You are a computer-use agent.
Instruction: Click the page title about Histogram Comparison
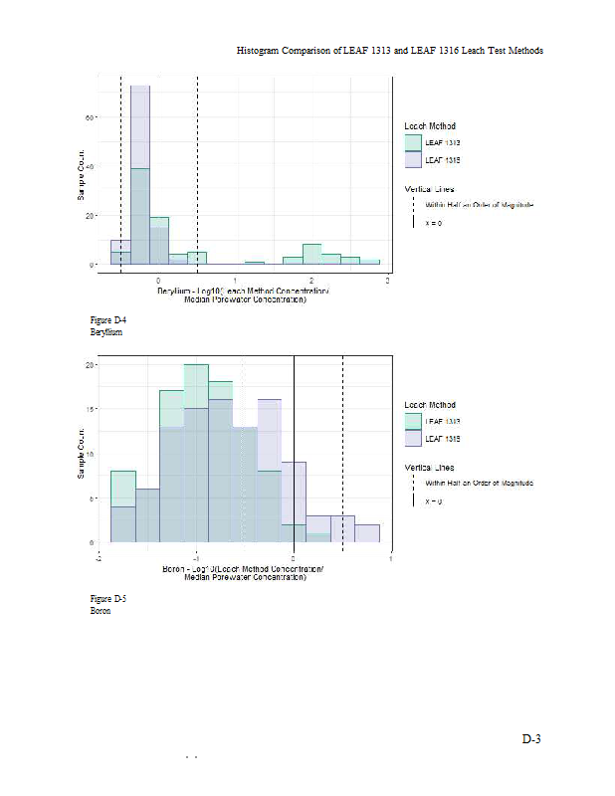pos(389,50)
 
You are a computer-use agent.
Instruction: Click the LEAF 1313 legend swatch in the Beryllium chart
pos(413,143)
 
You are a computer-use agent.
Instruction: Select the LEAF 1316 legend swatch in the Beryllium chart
pos(413,159)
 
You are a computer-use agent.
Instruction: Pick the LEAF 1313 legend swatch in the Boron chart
pos(413,422)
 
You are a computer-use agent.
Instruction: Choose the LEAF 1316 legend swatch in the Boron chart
pos(413,438)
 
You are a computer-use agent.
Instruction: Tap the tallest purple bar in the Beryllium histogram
pos(140,129)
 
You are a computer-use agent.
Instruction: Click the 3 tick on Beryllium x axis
pos(387,282)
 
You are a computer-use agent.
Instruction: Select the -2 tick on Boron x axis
pos(99,558)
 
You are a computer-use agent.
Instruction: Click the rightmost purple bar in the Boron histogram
pos(367,533)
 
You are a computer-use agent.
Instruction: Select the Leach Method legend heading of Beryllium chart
pos(430,126)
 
